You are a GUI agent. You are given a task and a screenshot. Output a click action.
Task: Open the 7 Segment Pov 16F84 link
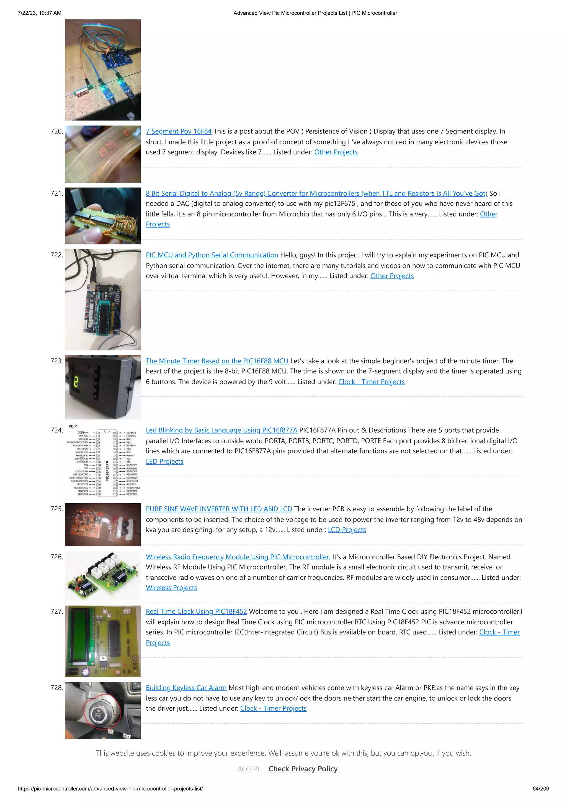click(179, 131)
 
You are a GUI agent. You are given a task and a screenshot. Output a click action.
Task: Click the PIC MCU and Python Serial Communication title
click(212, 255)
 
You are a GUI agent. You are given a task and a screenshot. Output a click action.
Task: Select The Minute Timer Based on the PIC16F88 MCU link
click(217, 361)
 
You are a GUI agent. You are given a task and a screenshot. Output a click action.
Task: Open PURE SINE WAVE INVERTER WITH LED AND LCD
click(219, 509)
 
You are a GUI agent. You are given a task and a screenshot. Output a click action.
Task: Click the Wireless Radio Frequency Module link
click(238, 557)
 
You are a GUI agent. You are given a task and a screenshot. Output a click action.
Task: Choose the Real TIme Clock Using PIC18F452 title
click(196, 611)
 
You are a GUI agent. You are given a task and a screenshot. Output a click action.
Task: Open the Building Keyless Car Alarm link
click(186, 687)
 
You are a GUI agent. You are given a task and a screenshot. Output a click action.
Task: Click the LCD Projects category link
click(347, 530)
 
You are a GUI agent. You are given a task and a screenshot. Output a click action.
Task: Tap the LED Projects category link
click(164, 461)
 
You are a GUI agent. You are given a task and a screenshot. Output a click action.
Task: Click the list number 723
click(56, 361)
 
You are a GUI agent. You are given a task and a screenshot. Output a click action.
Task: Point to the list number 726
click(56, 557)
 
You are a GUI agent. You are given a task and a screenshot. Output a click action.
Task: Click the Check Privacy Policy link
click(303, 769)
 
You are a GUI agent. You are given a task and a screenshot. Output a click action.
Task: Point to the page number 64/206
click(540, 788)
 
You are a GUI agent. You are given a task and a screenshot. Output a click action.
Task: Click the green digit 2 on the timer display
click(76, 383)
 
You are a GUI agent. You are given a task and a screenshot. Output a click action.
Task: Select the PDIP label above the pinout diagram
click(73, 426)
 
